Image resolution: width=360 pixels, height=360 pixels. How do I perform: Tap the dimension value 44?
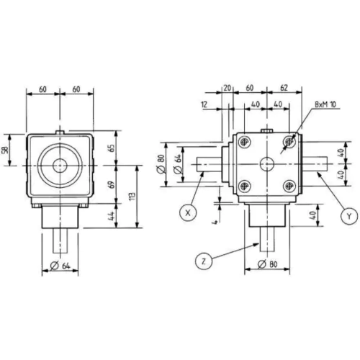[x=110, y=217]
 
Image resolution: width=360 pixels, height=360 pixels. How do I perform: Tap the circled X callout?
[x=188, y=212]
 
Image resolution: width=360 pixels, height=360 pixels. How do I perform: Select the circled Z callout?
[x=205, y=257]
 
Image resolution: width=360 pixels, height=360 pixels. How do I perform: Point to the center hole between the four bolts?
[x=267, y=164]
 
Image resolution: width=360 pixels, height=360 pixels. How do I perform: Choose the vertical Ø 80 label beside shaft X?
[x=162, y=164]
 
